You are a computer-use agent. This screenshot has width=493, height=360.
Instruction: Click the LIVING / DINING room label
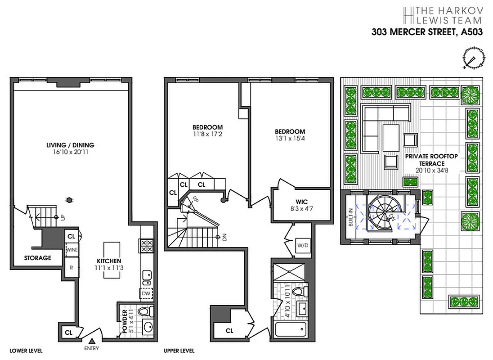click(x=70, y=145)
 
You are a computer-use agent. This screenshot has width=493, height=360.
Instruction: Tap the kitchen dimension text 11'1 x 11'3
click(x=109, y=268)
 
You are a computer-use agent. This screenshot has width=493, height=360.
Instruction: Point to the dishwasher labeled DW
click(x=146, y=293)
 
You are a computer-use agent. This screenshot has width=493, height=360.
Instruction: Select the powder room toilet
click(x=144, y=311)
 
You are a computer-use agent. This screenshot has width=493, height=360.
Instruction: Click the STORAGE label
click(x=37, y=258)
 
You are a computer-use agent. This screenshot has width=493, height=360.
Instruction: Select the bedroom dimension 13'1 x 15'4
click(x=290, y=139)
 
